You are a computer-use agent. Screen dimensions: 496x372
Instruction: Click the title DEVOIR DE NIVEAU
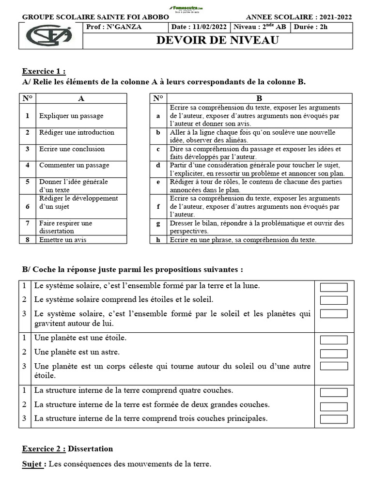click(x=217, y=40)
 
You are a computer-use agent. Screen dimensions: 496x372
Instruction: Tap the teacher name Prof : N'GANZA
click(x=114, y=27)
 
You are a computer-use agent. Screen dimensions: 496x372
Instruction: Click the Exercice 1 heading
click(x=44, y=71)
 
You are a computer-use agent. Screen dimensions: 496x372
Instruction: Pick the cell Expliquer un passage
click(x=71, y=116)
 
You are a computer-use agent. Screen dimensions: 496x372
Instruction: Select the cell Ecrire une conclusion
click(x=72, y=149)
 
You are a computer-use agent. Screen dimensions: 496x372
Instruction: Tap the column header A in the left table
click(x=81, y=98)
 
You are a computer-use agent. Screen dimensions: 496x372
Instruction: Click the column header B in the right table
click(x=259, y=98)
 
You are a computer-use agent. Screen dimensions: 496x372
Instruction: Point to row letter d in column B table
click(x=158, y=165)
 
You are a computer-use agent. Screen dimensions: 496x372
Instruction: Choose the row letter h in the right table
click(x=158, y=240)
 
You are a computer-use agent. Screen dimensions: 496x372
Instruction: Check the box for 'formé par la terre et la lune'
click(x=334, y=287)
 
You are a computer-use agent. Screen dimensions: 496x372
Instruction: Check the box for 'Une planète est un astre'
click(x=334, y=354)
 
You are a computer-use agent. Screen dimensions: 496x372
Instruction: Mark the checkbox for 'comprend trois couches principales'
click(x=334, y=419)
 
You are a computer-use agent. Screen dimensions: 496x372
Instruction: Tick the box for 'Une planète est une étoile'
click(x=334, y=340)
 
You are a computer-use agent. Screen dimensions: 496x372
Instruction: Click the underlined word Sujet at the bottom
click(x=33, y=464)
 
